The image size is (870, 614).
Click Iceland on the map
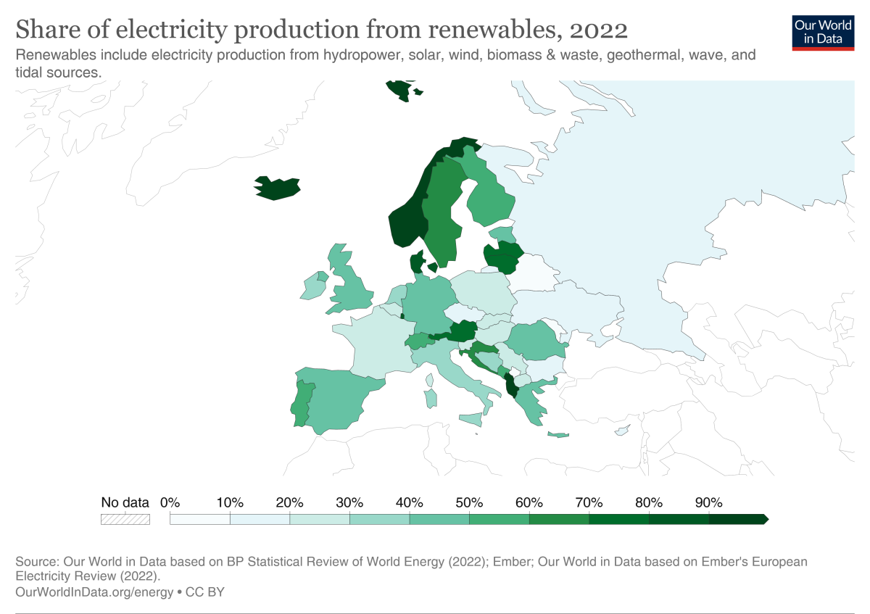click(x=277, y=188)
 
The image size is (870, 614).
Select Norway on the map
click(x=406, y=221)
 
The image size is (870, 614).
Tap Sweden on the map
click(x=440, y=210)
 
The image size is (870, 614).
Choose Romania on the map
click(x=535, y=341)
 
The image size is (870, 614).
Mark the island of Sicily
click(x=471, y=420)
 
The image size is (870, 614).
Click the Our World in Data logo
click(x=822, y=31)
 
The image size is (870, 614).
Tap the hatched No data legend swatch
click(x=125, y=519)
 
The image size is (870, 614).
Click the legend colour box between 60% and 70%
click(x=558, y=519)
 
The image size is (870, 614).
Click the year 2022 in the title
click(x=598, y=30)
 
